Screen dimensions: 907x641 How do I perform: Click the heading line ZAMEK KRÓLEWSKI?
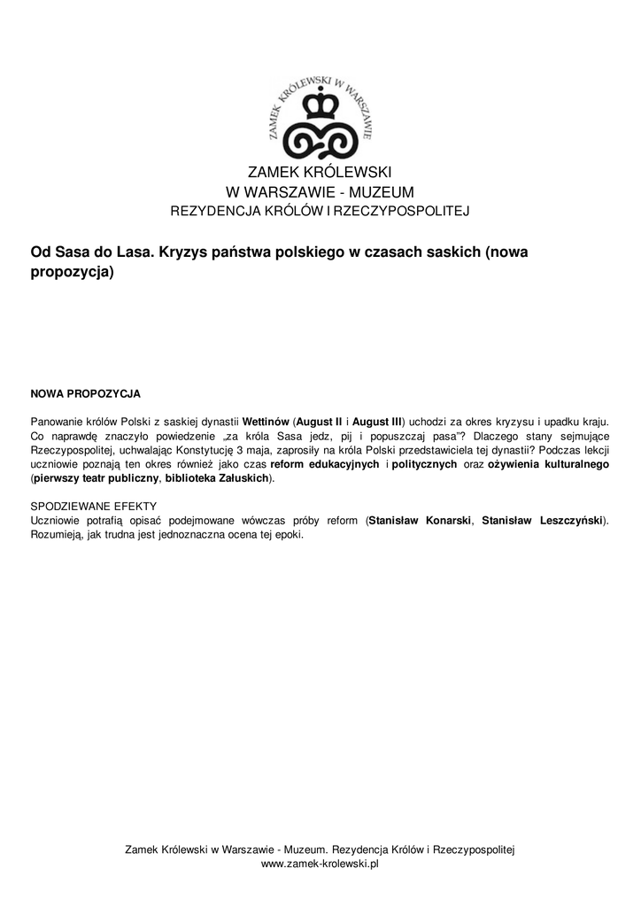[320, 172]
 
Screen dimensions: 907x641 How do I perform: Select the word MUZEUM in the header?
[382, 192]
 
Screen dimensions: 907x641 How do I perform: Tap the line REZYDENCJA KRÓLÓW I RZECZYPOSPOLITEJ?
[320, 211]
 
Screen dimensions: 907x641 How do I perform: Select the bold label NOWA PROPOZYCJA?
[85, 392]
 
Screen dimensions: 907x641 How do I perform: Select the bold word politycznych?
[425, 464]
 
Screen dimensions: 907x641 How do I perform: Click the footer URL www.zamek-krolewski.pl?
[320, 864]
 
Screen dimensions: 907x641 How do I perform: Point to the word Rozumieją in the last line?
[58, 535]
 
